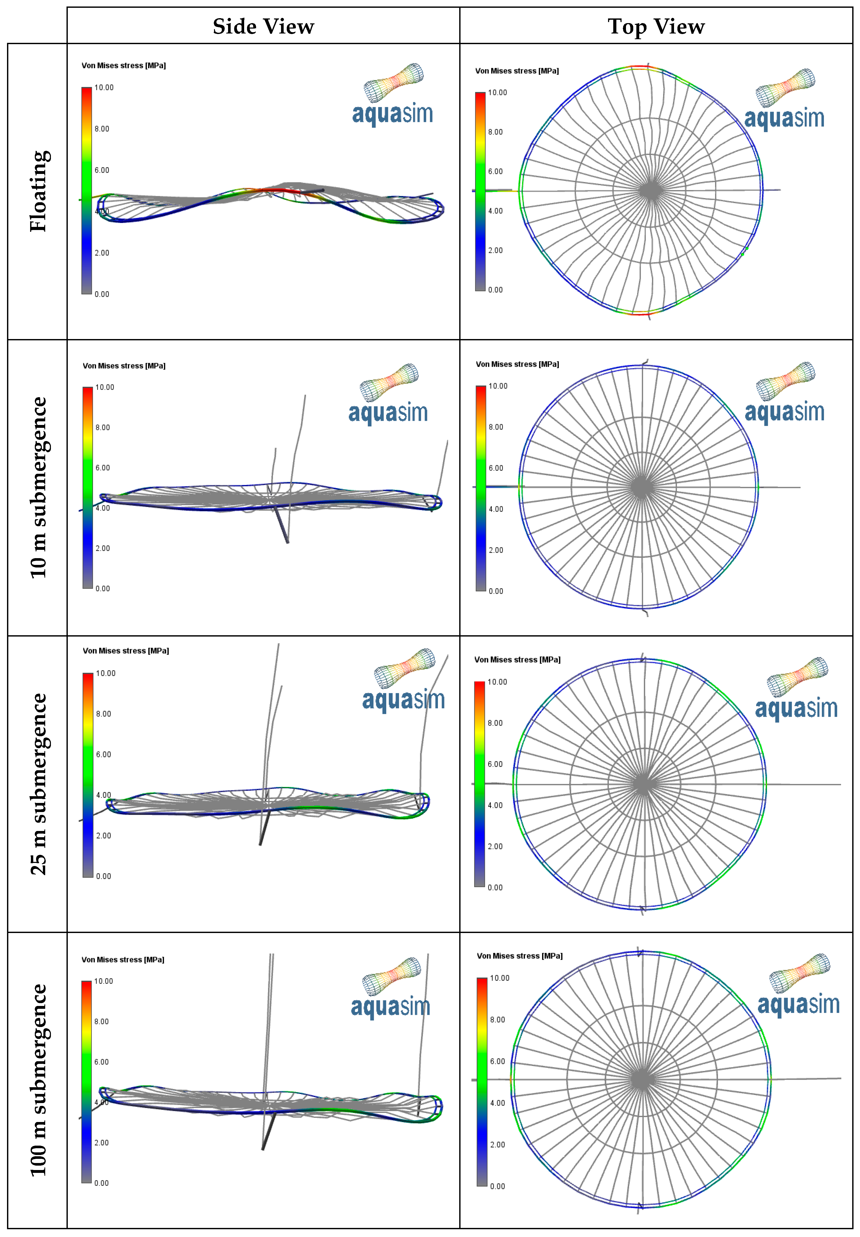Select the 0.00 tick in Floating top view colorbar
click(495, 290)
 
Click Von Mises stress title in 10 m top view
click(517, 364)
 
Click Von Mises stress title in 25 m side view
click(125, 651)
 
